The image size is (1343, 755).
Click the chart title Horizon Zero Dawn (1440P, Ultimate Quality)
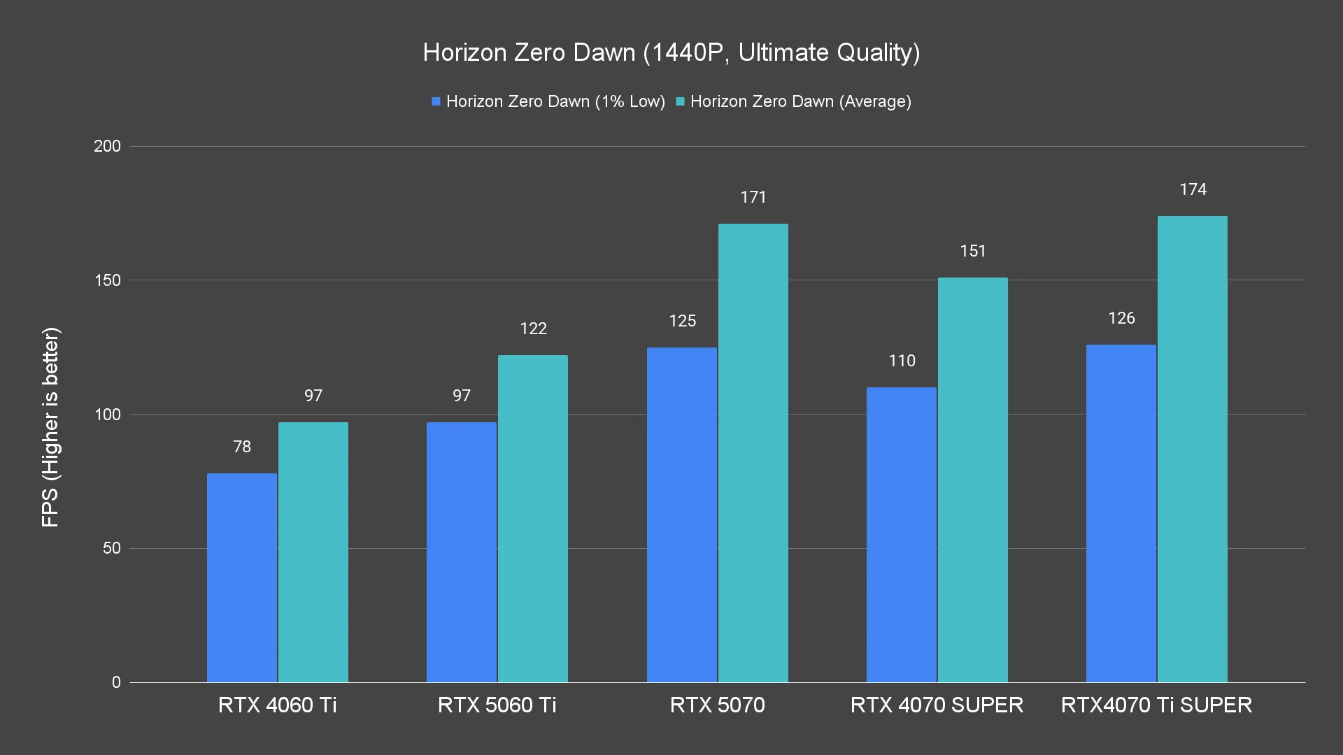pyautogui.click(x=671, y=52)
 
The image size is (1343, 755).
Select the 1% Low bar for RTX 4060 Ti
pyautogui.click(x=242, y=577)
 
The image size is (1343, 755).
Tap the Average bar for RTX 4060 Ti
pyautogui.click(x=313, y=552)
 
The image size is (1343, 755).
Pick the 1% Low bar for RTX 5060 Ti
pyautogui.click(x=462, y=552)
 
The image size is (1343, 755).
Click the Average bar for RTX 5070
pyautogui.click(x=753, y=453)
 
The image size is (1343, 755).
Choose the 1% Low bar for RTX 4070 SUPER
pyautogui.click(x=902, y=535)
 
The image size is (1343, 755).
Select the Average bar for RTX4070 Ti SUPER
pyautogui.click(x=1193, y=449)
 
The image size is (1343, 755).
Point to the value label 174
pyautogui.click(x=1193, y=189)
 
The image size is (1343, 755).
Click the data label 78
pyautogui.click(x=242, y=447)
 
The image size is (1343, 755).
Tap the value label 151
pyautogui.click(x=973, y=251)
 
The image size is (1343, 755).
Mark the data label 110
pyautogui.click(x=902, y=361)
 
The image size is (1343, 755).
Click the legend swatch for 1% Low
pyautogui.click(x=436, y=102)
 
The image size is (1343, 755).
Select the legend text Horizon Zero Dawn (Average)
pyautogui.click(x=800, y=102)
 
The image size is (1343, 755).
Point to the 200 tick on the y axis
pyautogui.click(x=108, y=146)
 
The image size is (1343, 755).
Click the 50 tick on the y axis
pyautogui.click(x=112, y=548)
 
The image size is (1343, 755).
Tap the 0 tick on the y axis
pyautogui.click(x=116, y=682)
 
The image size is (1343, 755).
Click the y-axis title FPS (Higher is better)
pyautogui.click(x=50, y=426)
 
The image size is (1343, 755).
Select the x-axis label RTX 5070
pyautogui.click(x=718, y=705)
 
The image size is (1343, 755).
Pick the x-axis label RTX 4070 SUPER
pyautogui.click(x=937, y=705)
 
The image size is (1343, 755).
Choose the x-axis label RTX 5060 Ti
pyautogui.click(x=497, y=705)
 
